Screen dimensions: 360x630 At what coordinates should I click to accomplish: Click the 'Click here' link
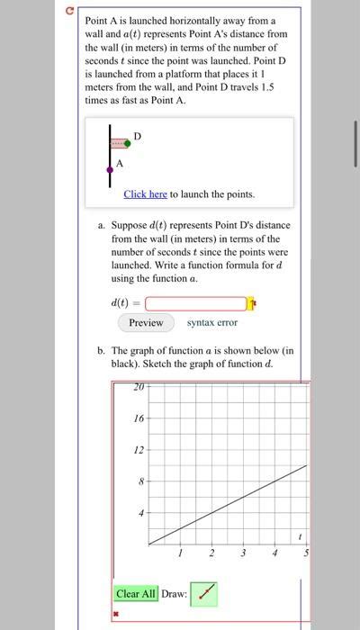145,193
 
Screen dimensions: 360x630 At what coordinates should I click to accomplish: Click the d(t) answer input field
194,303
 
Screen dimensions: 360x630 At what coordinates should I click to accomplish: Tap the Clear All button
136,593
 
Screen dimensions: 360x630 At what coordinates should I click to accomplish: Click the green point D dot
128,143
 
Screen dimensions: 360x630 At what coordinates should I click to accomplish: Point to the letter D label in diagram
136,135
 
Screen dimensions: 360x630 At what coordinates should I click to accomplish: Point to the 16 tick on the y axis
138,418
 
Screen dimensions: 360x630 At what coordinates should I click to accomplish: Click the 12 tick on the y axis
138,450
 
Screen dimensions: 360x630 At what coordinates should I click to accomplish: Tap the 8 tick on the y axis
139,481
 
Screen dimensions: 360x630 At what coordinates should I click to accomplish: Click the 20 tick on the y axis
138,388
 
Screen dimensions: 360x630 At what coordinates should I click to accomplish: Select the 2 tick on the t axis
211,553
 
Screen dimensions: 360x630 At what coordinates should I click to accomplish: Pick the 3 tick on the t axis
243,553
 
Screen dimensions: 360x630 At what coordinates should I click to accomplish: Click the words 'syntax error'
212,322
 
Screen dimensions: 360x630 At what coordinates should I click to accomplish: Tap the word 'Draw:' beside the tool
174,594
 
